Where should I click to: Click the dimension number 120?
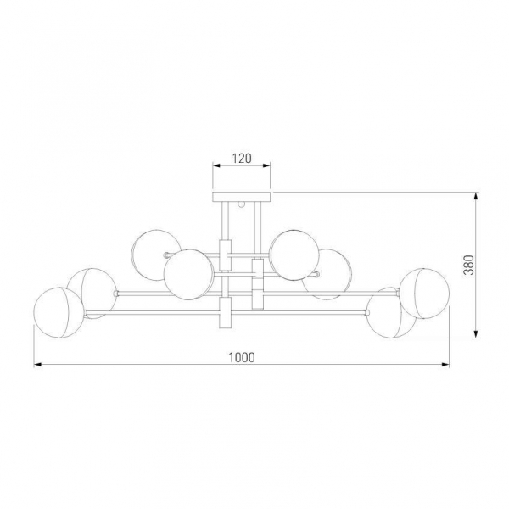[242, 159]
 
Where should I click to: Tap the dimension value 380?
[469, 265]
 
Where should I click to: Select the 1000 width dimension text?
[242, 357]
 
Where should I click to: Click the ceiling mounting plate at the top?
[242, 197]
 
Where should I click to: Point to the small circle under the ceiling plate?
[241, 204]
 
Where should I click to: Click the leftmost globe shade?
[59, 312]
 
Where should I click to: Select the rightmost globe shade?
[424, 294]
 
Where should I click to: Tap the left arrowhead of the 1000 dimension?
[37, 365]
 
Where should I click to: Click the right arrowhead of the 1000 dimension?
[445, 365]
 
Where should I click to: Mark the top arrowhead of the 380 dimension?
[476, 196]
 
